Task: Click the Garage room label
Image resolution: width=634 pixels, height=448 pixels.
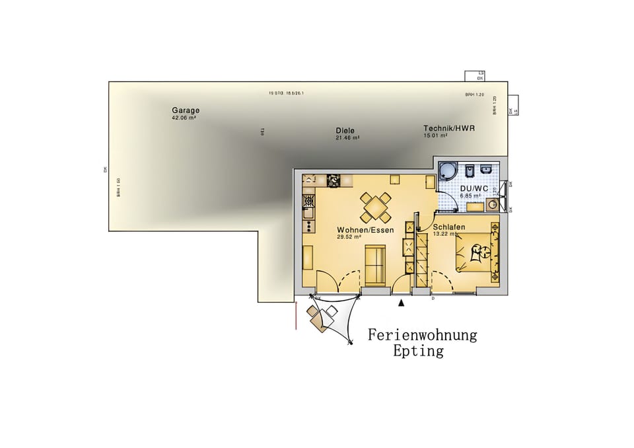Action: coord(186,110)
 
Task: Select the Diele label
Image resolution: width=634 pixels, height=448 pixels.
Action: coord(345,131)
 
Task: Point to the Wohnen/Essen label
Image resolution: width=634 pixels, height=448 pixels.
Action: coord(365,230)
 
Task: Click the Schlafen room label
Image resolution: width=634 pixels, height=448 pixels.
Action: coord(449,227)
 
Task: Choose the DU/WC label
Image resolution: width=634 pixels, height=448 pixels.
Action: coord(474,189)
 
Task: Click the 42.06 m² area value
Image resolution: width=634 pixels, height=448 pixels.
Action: coord(184,118)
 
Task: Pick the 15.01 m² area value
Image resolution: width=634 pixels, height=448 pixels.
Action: coord(435,135)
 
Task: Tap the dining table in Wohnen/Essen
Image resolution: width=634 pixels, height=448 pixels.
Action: coord(374,207)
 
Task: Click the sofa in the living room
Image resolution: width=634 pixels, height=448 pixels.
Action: coord(375,264)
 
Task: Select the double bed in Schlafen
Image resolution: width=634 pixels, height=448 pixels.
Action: coord(477,251)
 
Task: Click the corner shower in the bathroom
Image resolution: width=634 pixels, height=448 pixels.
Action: coord(447,171)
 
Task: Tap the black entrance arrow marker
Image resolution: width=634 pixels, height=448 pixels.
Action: coord(401,303)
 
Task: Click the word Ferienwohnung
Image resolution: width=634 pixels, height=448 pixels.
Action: coord(422,335)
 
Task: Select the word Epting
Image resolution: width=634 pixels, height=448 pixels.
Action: coord(418,351)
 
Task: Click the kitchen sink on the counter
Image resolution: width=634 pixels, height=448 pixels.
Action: coord(308,211)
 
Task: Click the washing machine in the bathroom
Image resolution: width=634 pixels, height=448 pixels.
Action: coord(491,205)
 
